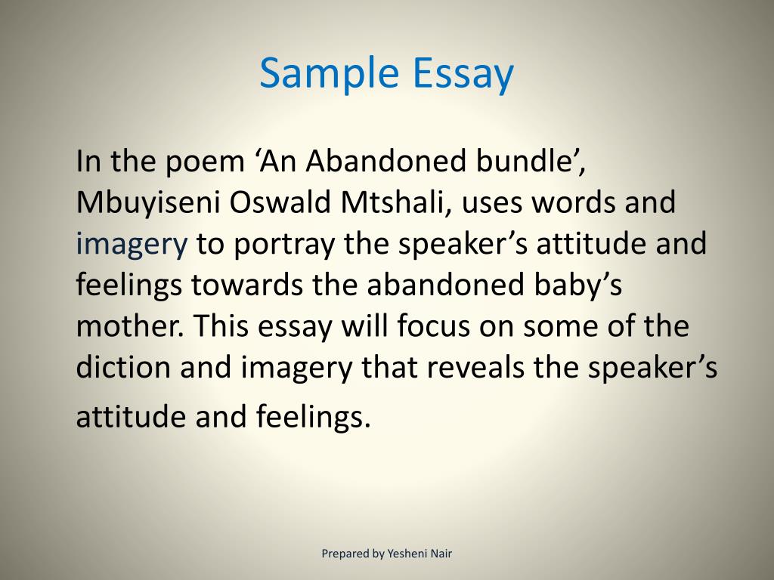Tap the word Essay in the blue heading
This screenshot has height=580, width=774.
pos(463,75)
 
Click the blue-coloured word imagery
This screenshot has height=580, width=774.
pos(132,245)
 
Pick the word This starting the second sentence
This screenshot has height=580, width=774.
pos(222,327)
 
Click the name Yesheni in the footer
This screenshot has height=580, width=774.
pos(409,554)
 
